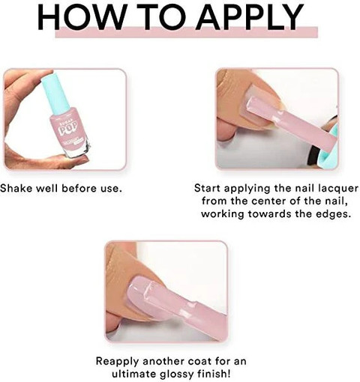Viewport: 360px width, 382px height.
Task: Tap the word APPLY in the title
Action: tap(250, 17)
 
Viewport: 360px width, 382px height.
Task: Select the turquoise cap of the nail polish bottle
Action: tap(55, 91)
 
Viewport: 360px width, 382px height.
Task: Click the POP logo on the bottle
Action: tap(67, 126)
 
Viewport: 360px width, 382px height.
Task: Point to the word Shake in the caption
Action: tap(16, 188)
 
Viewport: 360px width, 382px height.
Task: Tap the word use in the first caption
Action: tap(111, 189)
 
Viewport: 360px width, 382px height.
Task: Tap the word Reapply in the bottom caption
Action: tap(117, 362)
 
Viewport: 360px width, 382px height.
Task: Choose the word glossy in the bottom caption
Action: tap(175, 375)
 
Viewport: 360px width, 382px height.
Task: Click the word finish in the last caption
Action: tap(213, 374)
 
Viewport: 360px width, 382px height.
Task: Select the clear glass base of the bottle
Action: tap(78, 150)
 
